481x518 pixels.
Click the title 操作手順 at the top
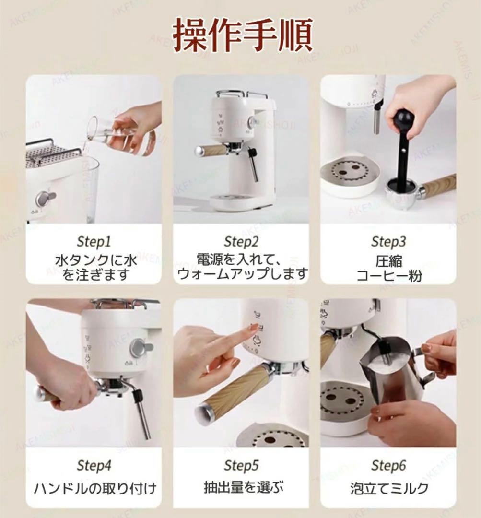click(243, 36)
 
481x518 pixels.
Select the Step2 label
click(241, 241)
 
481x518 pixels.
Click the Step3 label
click(388, 241)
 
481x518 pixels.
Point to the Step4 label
click(94, 465)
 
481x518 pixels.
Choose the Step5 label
click(241, 465)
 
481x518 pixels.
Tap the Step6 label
click(388, 465)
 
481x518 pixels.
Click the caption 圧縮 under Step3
click(389, 261)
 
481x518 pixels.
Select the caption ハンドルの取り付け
click(95, 489)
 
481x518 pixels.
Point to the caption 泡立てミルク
click(389, 489)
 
